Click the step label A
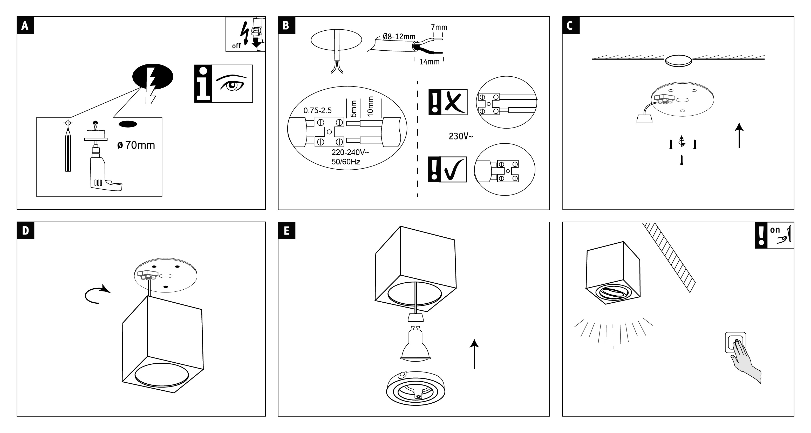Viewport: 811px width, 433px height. [x=25, y=25]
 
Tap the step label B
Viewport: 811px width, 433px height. [x=286, y=25]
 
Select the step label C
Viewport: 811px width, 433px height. [x=570, y=25]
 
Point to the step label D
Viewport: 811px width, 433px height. [x=25, y=230]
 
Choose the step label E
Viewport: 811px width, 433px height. [x=286, y=230]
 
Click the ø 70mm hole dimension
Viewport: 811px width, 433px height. [x=136, y=145]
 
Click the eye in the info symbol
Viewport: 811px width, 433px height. [x=232, y=84]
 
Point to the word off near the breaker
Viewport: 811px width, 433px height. [x=236, y=46]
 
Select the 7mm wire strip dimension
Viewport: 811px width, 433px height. [x=439, y=28]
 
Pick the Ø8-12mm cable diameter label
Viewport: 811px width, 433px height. [x=399, y=37]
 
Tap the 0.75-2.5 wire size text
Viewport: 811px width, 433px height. [x=317, y=111]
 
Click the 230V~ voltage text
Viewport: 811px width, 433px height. [x=461, y=136]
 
